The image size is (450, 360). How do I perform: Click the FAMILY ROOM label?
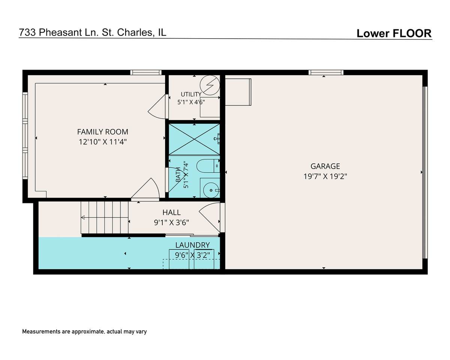pyautogui.click(x=102, y=132)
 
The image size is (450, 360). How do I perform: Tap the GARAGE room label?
pyautogui.click(x=325, y=166)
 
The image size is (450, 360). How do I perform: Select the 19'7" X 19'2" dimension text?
pyautogui.click(x=325, y=176)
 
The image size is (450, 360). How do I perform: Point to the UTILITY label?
pyautogui.click(x=191, y=94)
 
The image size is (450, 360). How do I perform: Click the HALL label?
pyautogui.click(x=171, y=212)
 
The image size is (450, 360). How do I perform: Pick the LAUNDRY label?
pyautogui.click(x=192, y=245)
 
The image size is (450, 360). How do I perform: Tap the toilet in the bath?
pyautogui.click(x=208, y=166)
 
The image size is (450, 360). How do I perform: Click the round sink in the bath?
pyautogui.click(x=211, y=190)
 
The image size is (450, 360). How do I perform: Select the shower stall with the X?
pyautogui.click(x=194, y=139)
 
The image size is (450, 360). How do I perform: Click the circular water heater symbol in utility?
pyautogui.click(x=210, y=85)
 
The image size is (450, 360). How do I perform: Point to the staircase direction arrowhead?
pyautogui.click(x=83, y=217)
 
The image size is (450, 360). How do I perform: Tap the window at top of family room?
pyautogui.click(x=146, y=72)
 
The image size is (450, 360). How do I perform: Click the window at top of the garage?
pyautogui.click(x=326, y=72)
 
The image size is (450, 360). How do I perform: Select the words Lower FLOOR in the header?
pyautogui.click(x=394, y=33)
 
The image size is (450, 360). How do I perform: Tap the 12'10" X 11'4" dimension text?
pyautogui.click(x=103, y=142)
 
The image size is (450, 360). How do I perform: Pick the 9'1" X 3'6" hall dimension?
pyautogui.click(x=171, y=222)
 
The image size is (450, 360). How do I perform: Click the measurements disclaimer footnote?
pyautogui.click(x=84, y=331)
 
